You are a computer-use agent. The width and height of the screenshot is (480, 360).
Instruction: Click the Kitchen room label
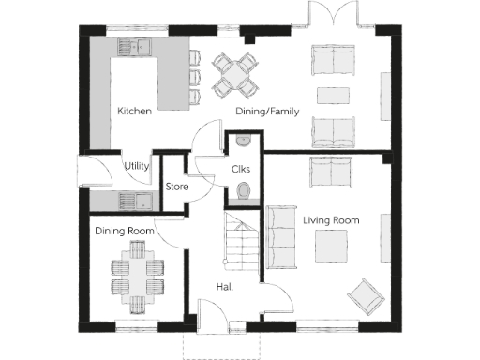tap(134, 111)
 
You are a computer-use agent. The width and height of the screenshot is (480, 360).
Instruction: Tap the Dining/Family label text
tap(266, 111)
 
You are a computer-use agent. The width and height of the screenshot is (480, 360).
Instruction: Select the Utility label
tap(138, 166)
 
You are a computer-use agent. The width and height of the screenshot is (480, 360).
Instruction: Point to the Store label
tap(177, 187)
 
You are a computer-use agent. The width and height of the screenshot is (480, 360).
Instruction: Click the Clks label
tap(241, 169)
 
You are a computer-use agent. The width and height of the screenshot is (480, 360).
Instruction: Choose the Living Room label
tap(331, 219)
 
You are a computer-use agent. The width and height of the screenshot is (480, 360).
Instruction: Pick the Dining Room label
tap(123, 230)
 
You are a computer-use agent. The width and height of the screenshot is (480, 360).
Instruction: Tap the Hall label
tap(225, 287)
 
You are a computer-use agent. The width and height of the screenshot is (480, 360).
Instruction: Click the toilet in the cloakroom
tap(243, 192)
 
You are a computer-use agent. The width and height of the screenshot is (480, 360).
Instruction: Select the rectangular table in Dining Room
tap(137, 274)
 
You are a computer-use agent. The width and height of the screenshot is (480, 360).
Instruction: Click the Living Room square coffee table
tap(330, 247)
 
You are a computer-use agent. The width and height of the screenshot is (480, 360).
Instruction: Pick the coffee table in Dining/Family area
tap(331, 95)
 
